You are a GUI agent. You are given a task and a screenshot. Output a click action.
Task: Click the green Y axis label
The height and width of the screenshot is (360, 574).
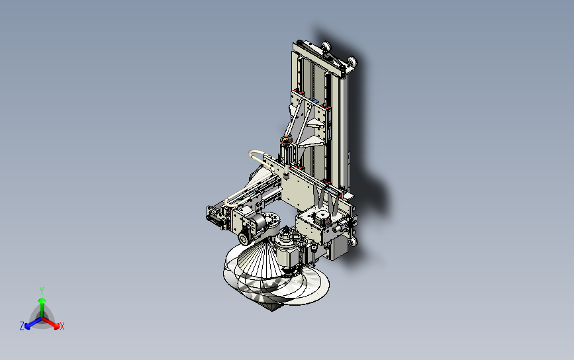(x=42, y=291)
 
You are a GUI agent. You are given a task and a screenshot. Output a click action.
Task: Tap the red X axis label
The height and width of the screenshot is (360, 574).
(x=62, y=326)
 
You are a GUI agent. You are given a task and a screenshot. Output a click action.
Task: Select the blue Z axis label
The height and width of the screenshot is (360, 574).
(x=22, y=326)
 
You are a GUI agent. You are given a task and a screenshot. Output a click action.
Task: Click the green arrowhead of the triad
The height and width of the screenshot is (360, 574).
(x=42, y=301)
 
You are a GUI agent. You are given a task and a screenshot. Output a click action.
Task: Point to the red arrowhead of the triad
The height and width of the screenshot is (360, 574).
(x=56, y=325)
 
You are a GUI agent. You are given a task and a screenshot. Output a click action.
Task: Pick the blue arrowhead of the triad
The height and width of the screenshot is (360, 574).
(x=28, y=326)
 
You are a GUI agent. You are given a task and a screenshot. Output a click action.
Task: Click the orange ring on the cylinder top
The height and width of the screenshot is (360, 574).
(x=285, y=140)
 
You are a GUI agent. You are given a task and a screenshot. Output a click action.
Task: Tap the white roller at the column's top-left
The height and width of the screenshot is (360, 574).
(x=326, y=46)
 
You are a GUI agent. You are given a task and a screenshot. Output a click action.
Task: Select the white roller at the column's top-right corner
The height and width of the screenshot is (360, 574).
(x=352, y=62)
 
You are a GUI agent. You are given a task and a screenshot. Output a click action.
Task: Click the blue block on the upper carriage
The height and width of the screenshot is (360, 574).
(x=314, y=101)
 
